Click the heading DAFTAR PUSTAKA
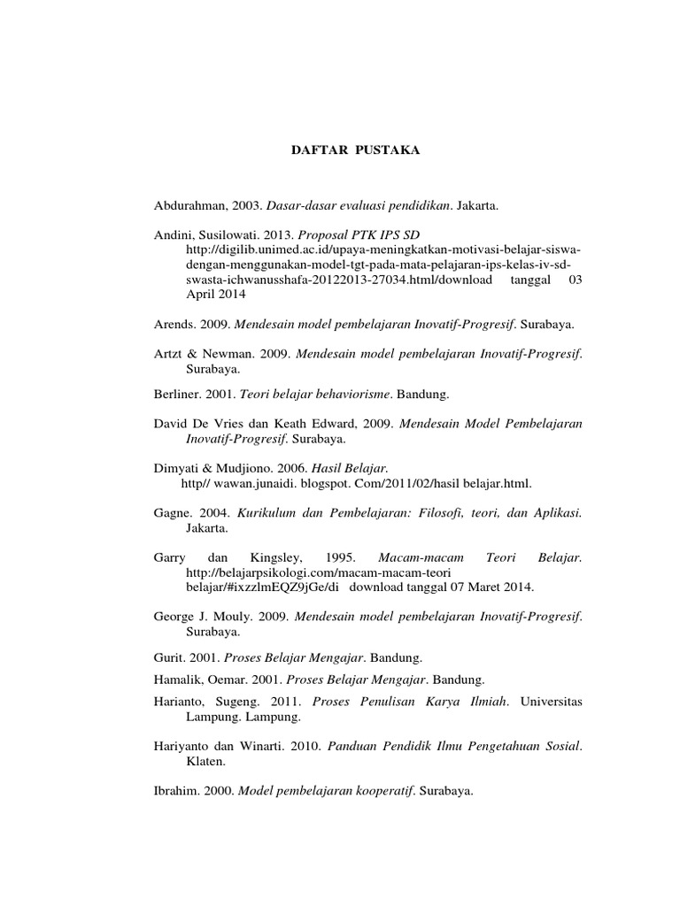pyautogui.click(x=356, y=151)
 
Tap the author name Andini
pyautogui.click(x=174, y=237)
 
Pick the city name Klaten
pyautogui.click(x=204, y=760)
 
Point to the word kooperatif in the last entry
pyautogui.click(x=379, y=792)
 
